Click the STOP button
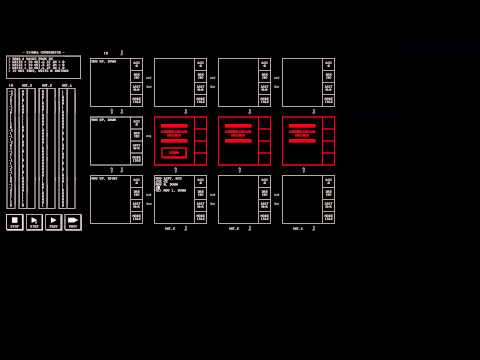pos(15,222)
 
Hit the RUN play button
pos(34,222)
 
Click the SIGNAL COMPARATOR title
pos(43,52)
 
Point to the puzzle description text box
pos(43,67)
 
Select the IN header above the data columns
pos(11,85)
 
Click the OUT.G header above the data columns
pos(27,85)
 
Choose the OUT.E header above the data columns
pos(47,85)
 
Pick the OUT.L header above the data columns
pos(67,85)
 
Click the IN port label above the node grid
pos(106,53)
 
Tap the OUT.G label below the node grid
pos(170,228)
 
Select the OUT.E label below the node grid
pos(234,228)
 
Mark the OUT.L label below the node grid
pos(298,228)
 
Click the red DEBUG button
pos(174,152)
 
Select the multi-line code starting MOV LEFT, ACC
pos(170,184)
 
